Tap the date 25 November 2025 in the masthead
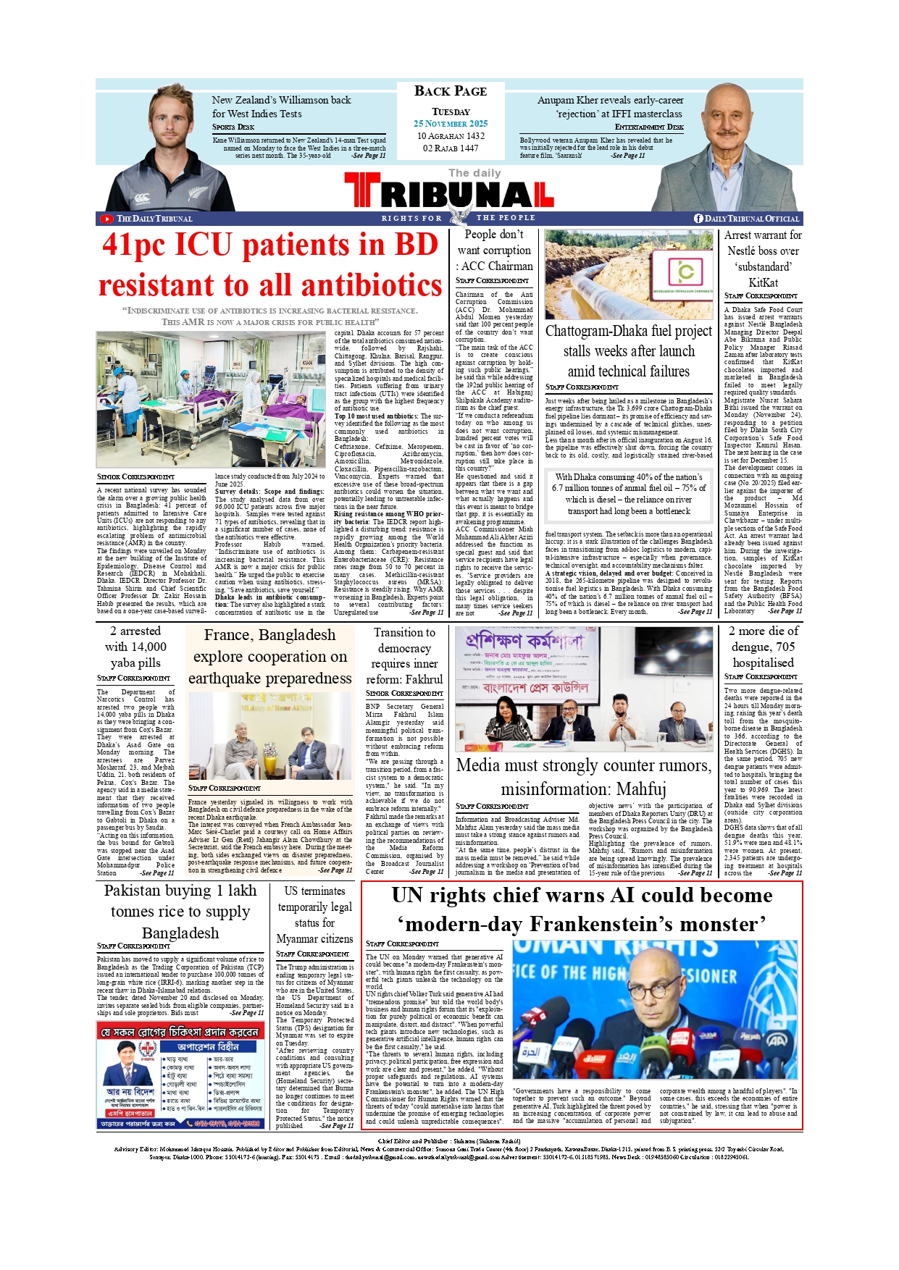(x=451, y=124)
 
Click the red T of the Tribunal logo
(x=362, y=190)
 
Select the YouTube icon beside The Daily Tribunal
(x=106, y=219)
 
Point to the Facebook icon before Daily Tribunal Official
(x=698, y=219)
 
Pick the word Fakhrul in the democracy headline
(x=425, y=679)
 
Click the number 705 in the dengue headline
(x=785, y=647)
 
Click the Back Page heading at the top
(x=451, y=91)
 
